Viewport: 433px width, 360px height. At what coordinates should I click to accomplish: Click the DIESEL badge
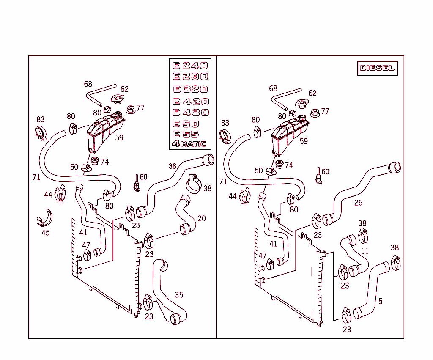point(377,68)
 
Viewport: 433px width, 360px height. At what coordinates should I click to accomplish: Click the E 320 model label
point(190,89)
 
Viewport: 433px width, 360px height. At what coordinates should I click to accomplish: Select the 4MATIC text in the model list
point(189,144)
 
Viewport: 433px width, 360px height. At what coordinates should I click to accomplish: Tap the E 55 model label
point(186,134)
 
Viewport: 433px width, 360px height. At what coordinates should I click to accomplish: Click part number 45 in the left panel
point(45,233)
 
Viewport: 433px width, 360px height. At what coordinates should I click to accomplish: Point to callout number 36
point(172,166)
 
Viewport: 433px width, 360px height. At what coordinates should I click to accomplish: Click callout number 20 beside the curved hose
point(202,219)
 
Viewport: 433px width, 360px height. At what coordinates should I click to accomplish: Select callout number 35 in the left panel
point(179,295)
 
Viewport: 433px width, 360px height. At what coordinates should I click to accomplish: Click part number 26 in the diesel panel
point(358,203)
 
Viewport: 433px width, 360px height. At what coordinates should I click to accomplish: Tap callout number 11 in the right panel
point(364,251)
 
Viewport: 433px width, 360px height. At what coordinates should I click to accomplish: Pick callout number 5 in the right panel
point(381,301)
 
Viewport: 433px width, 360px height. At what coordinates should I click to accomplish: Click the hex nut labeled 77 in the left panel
point(130,110)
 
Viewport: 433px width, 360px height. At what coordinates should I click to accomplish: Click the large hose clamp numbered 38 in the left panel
point(194,184)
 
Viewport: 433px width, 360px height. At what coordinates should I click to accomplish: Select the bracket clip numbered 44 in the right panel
point(245,198)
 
